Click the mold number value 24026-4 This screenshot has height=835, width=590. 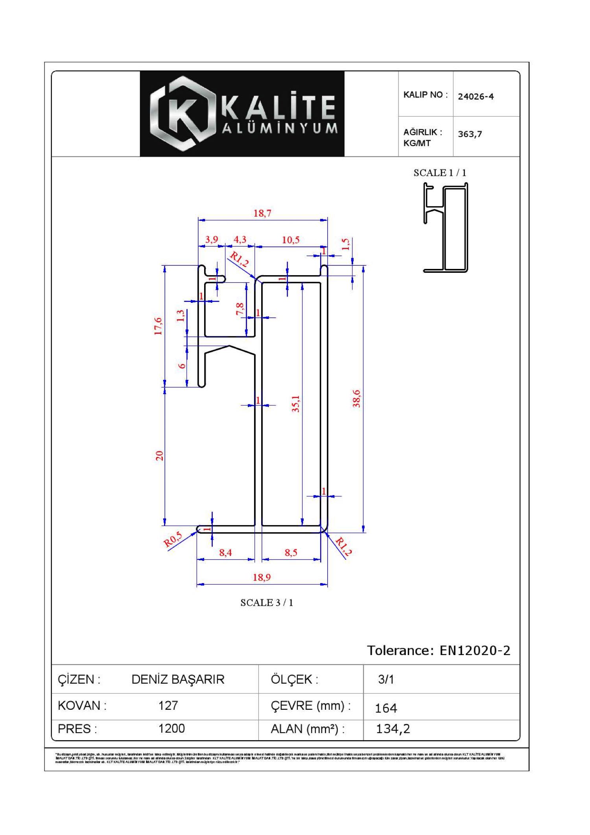click(x=476, y=96)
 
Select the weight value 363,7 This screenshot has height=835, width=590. click(x=470, y=134)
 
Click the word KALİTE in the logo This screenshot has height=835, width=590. click(x=278, y=107)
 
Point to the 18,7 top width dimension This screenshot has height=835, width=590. click(x=262, y=213)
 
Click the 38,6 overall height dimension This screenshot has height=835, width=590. click(x=356, y=398)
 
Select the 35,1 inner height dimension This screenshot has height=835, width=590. click(x=296, y=404)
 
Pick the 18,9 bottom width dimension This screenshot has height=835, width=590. click(x=262, y=577)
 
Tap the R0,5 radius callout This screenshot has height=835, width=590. click(x=173, y=539)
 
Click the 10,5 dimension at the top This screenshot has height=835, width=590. click(x=291, y=240)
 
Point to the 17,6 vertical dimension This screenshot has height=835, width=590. click(x=158, y=326)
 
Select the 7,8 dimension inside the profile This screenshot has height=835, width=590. click(x=240, y=309)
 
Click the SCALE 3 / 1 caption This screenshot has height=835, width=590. click(x=267, y=603)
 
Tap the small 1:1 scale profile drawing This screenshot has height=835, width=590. click(x=446, y=228)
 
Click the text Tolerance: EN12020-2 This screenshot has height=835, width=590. click(x=439, y=650)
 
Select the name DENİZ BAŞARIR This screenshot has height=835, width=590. click(x=178, y=679)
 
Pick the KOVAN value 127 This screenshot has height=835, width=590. click(x=168, y=705)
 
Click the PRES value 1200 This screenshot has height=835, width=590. click(x=171, y=729)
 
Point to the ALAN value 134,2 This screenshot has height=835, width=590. click(x=393, y=729)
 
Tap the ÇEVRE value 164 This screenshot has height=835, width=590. click(x=386, y=708)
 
